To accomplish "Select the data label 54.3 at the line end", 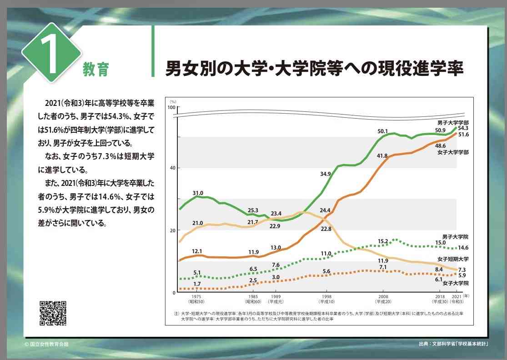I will coord(463,128).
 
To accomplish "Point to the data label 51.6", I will coord(463,135).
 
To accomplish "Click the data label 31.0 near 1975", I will coord(198,193).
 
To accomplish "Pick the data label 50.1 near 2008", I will coord(382,131).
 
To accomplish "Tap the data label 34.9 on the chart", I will coord(325,174).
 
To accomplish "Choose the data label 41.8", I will coord(382,156).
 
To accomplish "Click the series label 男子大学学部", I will coord(453,122).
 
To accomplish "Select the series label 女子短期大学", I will coord(453,259).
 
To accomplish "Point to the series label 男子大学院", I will coord(455,237).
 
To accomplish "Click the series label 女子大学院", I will coord(455,283).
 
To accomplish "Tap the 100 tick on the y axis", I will coord(171,107).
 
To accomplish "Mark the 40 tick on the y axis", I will coord(172,168).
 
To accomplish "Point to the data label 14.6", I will coord(463,248).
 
